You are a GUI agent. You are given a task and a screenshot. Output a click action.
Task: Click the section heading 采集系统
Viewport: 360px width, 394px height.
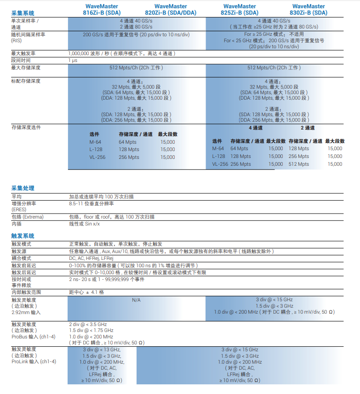point(23,13)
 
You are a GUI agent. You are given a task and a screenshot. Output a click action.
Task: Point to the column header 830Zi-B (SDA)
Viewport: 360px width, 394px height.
point(309,13)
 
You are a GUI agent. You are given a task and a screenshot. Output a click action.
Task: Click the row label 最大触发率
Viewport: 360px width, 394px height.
point(23,54)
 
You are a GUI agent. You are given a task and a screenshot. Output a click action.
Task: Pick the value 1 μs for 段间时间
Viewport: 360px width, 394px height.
point(73,60)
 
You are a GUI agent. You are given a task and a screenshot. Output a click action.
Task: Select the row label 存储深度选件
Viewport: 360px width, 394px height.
point(26,127)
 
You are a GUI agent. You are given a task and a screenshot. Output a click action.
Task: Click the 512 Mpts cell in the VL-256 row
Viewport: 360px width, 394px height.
point(299,164)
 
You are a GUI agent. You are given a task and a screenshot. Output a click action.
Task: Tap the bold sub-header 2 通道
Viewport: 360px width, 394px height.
point(308,128)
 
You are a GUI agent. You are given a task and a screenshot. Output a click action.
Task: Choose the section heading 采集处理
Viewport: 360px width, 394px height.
point(23,188)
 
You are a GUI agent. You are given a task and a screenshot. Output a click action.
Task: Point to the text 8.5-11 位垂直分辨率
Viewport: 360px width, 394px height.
point(91,203)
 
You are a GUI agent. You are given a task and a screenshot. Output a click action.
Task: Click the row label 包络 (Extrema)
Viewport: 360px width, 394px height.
point(27,217)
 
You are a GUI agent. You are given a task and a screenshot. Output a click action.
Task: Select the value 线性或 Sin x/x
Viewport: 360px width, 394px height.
point(84,224)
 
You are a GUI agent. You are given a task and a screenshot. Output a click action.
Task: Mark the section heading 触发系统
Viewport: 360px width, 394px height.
point(23,236)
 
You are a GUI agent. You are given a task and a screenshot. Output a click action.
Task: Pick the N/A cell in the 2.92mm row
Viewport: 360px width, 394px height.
point(136,299)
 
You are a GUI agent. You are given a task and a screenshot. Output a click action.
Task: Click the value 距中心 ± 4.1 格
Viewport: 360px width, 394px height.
point(86,292)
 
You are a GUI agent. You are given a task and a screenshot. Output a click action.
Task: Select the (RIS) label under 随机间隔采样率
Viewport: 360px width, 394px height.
point(16,41)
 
